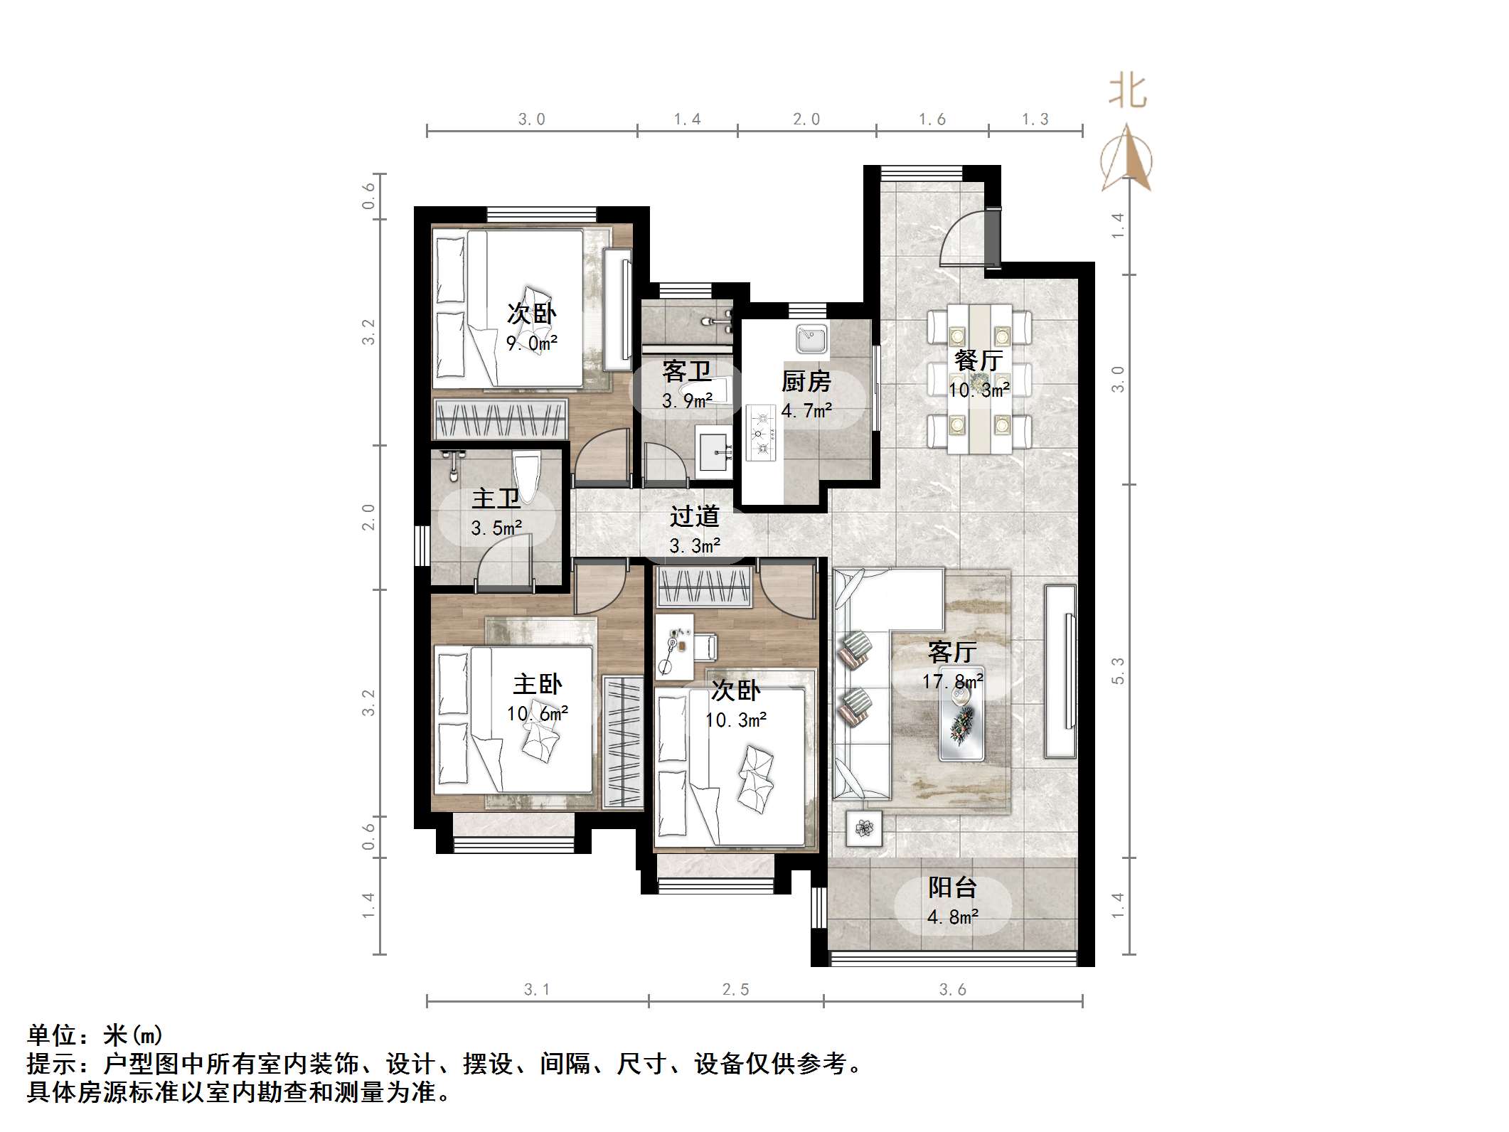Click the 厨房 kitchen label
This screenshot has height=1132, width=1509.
click(806, 382)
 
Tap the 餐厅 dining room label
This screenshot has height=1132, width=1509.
click(979, 360)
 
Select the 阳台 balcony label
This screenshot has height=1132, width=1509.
click(952, 887)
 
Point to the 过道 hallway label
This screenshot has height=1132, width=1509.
click(694, 516)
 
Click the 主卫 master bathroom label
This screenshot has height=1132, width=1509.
click(496, 498)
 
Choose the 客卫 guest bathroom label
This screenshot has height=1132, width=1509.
click(686, 371)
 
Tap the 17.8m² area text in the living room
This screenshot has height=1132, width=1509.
click(952, 681)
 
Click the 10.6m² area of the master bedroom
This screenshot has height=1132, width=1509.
click(537, 713)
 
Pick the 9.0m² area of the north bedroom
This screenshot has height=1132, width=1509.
click(531, 343)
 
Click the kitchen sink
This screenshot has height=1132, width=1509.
click(811, 338)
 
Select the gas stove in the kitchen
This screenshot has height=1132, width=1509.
click(760, 432)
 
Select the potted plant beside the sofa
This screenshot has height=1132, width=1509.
click(864, 828)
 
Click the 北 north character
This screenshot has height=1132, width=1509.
click(1127, 92)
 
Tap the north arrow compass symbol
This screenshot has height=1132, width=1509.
click(1126, 159)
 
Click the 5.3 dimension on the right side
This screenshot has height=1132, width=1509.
click(1118, 671)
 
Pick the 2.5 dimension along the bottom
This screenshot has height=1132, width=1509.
click(735, 989)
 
